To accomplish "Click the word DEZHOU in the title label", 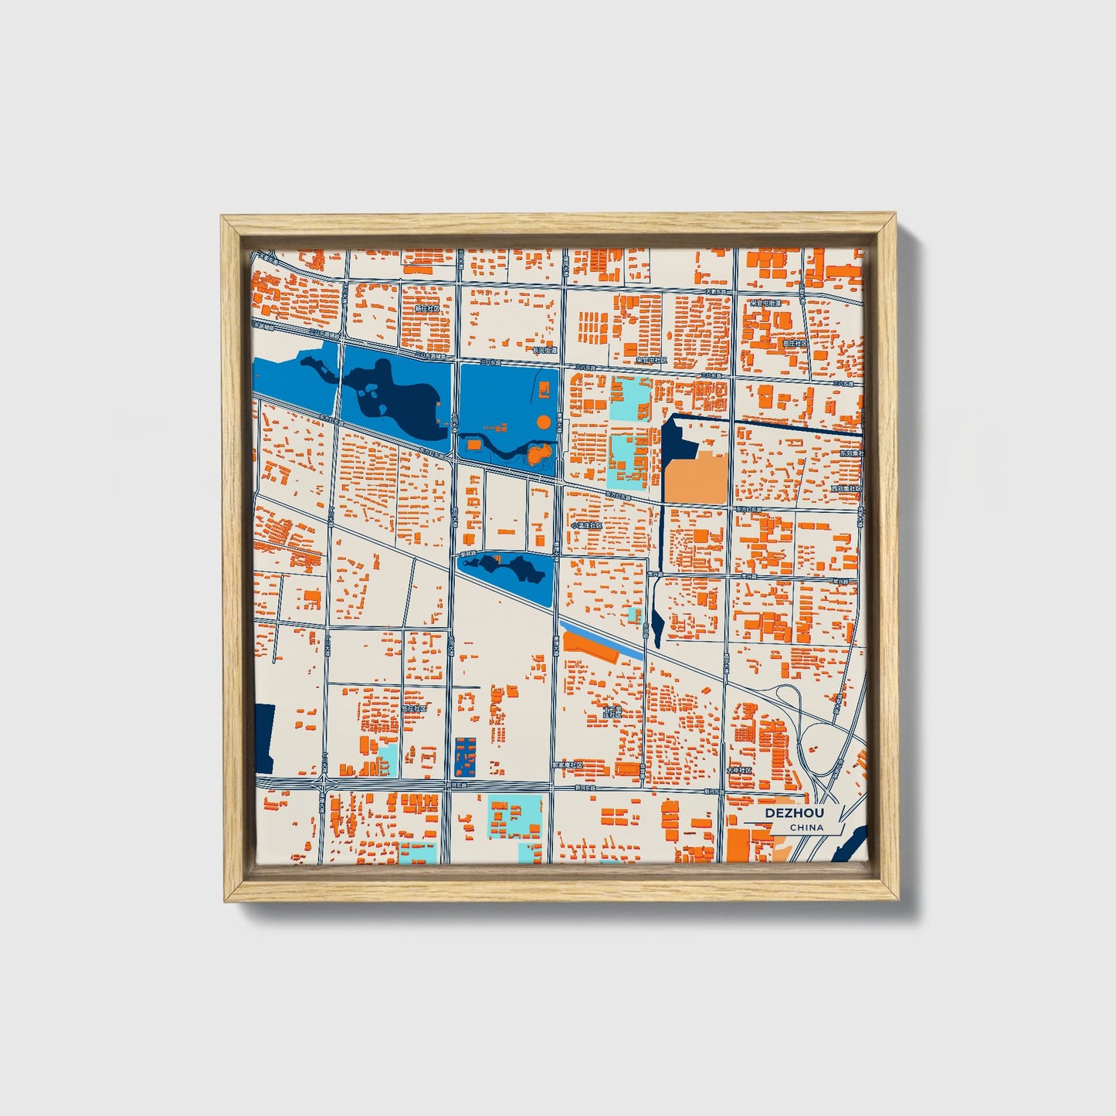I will point(795,813).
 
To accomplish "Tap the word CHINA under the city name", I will point(806,827).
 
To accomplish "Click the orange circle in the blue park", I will point(544,422).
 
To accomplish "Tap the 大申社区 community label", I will point(739,770).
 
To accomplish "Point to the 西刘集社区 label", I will point(846,489).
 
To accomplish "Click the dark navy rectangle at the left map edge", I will point(263,738).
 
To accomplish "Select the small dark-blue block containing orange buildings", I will point(465,756).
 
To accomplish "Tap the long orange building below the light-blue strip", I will point(591,647).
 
